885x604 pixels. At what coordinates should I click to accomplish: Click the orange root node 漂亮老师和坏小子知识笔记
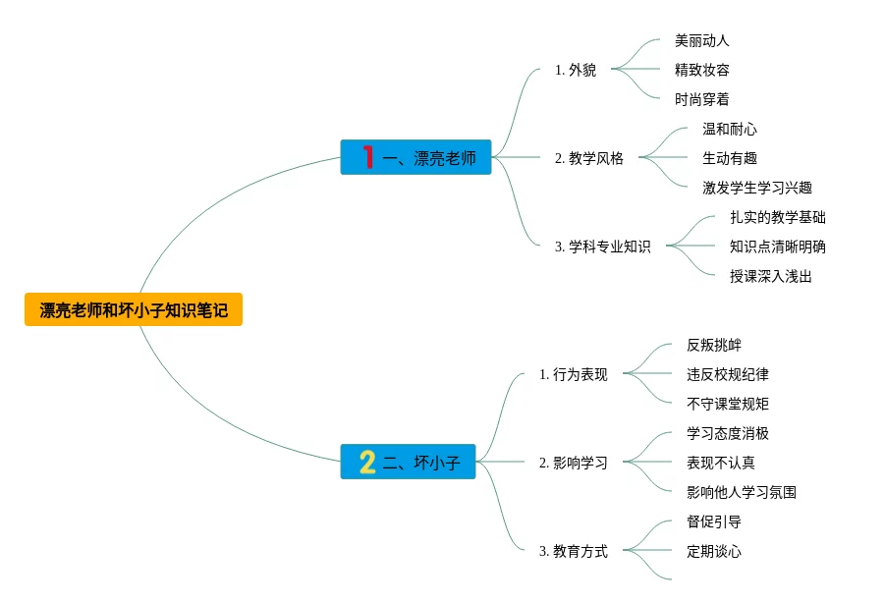(134, 310)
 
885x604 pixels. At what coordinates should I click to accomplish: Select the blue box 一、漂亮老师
(416, 157)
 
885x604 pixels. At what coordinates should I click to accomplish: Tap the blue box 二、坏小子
(409, 462)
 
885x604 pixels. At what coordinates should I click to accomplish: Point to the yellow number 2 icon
(367, 462)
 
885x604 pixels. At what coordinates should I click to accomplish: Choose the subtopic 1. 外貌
(576, 70)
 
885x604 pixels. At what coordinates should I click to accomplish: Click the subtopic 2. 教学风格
(589, 158)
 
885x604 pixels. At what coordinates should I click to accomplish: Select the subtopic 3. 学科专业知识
(602, 247)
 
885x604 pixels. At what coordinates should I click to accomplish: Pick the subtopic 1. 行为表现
(574, 374)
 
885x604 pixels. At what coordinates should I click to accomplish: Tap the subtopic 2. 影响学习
(574, 463)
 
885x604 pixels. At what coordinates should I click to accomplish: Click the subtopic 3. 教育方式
(574, 551)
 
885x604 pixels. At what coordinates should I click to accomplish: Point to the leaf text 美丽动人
(702, 40)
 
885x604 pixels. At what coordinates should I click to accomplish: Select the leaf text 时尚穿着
(702, 99)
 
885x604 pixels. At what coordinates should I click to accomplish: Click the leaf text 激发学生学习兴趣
(757, 188)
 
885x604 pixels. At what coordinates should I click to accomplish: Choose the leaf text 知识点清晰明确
(778, 247)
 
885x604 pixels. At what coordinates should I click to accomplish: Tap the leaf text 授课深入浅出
(771, 276)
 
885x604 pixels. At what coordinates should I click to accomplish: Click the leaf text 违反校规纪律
(728, 374)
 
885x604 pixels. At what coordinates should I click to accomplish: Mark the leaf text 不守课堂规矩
(728, 404)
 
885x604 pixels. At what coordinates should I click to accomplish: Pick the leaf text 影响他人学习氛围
(742, 492)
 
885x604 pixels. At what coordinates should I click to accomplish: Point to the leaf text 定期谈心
(714, 551)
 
